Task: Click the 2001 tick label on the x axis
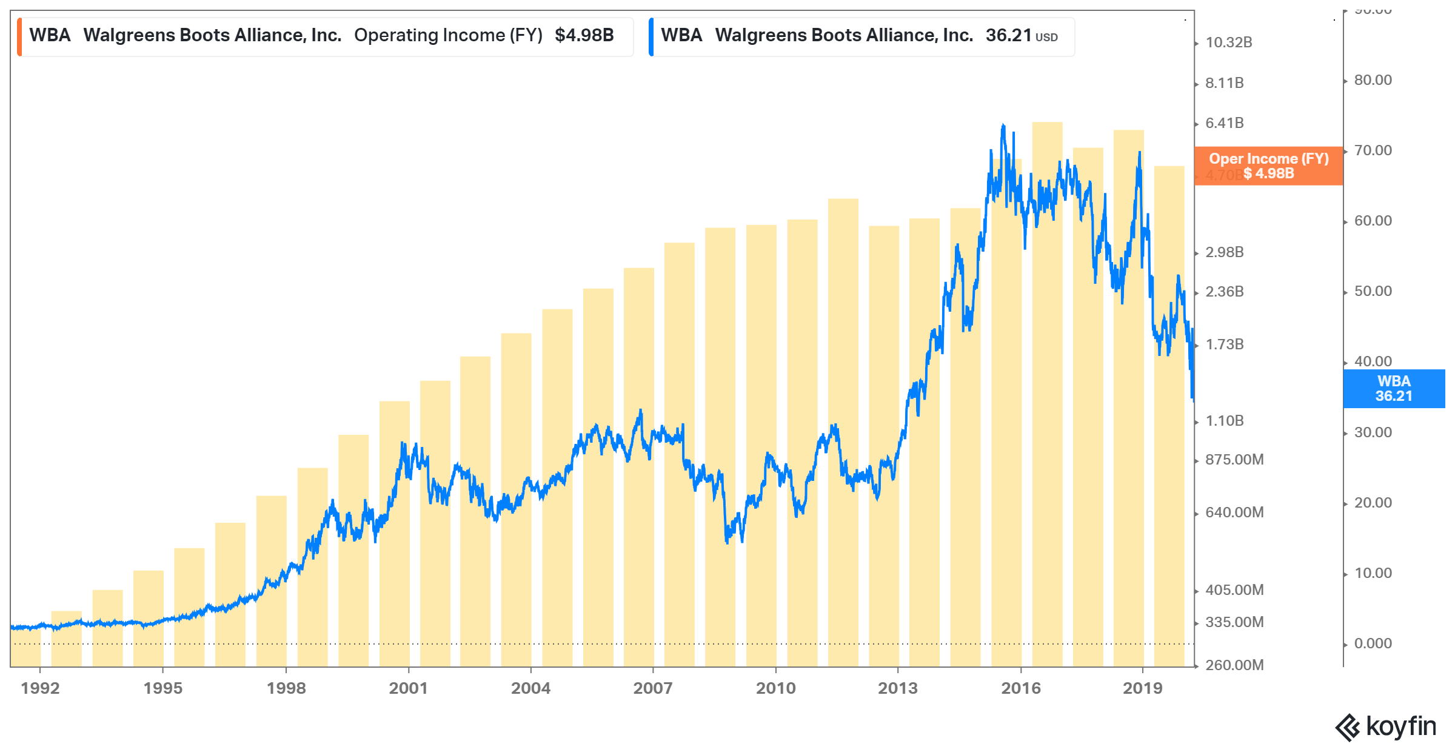coord(408,688)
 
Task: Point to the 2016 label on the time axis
coord(1020,688)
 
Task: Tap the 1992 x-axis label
coord(40,688)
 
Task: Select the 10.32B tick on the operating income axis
coord(1228,42)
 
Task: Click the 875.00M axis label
coord(1234,459)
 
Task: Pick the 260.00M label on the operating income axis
coord(1234,665)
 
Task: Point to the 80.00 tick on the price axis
coord(1373,80)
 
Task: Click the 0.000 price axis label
coord(1373,643)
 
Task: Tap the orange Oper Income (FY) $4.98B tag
coord(1268,166)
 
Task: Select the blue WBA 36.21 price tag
coord(1394,388)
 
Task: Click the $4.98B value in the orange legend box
coord(584,35)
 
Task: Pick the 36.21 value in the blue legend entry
coord(1008,35)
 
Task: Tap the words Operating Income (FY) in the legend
coord(448,35)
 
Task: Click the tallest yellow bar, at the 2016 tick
coord(1047,394)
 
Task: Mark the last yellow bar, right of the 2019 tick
coord(1169,418)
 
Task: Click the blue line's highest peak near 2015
coord(1003,126)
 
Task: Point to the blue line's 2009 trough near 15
coord(727,542)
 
